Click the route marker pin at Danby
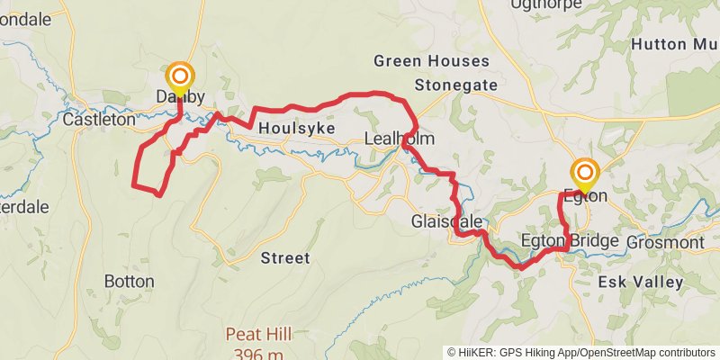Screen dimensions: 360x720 pyautogui.click(x=180, y=76)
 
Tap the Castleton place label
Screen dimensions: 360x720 pyautogui.click(x=99, y=118)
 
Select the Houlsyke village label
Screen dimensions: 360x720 pyautogui.click(x=296, y=129)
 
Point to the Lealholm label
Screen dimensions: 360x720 pyautogui.click(x=399, y=139)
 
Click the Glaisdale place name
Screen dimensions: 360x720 pyautogui.click(x=446, y=221)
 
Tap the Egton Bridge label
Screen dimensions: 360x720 pyautogui.click(x=570, y=241)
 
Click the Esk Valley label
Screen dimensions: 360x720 pyautogui.click(x=640, y=283)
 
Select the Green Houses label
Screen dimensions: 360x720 pyautogui.click(x=431, y=61)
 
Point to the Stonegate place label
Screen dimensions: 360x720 pyautogui.click(x=456, y=85)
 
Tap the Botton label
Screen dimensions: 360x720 pyautogui.click(x=130, y=282)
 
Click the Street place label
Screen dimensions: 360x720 pyautogui.click(x=284, y=258)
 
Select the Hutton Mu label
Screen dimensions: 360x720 pyautogui.click(x=674, y=43)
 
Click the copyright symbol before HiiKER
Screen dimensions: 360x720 pyautogui.click(x=452, y=352)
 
